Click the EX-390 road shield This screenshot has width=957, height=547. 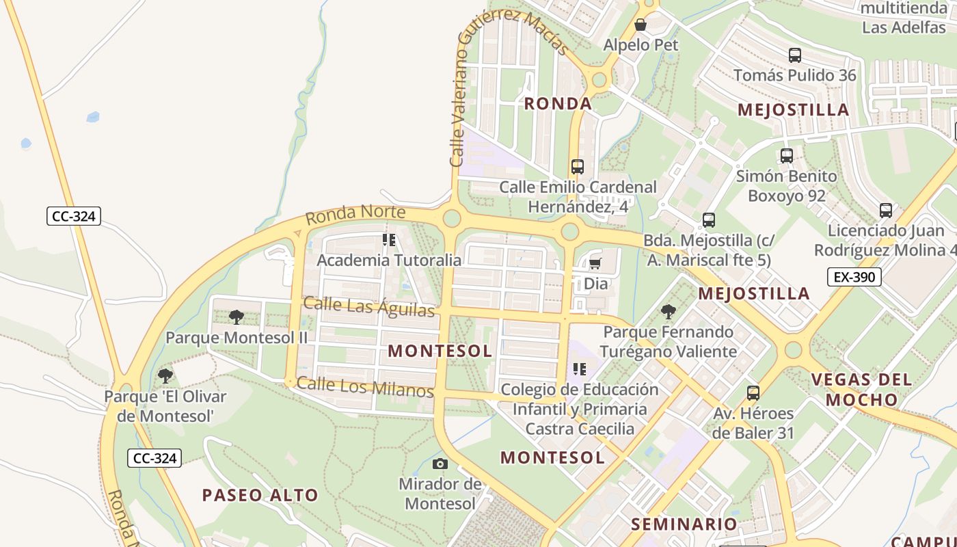tap(854, 277)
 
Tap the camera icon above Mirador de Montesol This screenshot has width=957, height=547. tap(440, 464)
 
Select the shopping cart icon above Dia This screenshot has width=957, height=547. tap(595, 264)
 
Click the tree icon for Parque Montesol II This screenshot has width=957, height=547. tap(237, 317)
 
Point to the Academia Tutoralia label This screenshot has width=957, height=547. tap(389, 260)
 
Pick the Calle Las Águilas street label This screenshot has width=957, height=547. tap(369, 307)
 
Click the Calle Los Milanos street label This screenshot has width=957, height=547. tap(365, 387)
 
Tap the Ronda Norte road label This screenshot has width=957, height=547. tap(355, 215)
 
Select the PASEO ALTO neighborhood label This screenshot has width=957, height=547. tap(260, 495)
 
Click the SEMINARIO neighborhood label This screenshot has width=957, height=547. tap(684, 524)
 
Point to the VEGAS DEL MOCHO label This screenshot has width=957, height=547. tap(861, 389)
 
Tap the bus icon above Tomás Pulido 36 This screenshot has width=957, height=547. tap(794, 55)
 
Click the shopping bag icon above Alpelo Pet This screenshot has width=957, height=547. tap(641, 25)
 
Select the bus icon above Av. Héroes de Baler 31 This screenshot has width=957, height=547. tap(753, 393)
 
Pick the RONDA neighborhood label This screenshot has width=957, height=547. tap(558, 104)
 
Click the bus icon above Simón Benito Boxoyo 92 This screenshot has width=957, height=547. tap(786, 156)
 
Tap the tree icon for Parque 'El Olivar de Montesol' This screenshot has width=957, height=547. tap(165, 375)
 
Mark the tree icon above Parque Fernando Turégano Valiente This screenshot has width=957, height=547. tap(668, 312)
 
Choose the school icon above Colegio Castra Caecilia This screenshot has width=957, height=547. tap(580, 369)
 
